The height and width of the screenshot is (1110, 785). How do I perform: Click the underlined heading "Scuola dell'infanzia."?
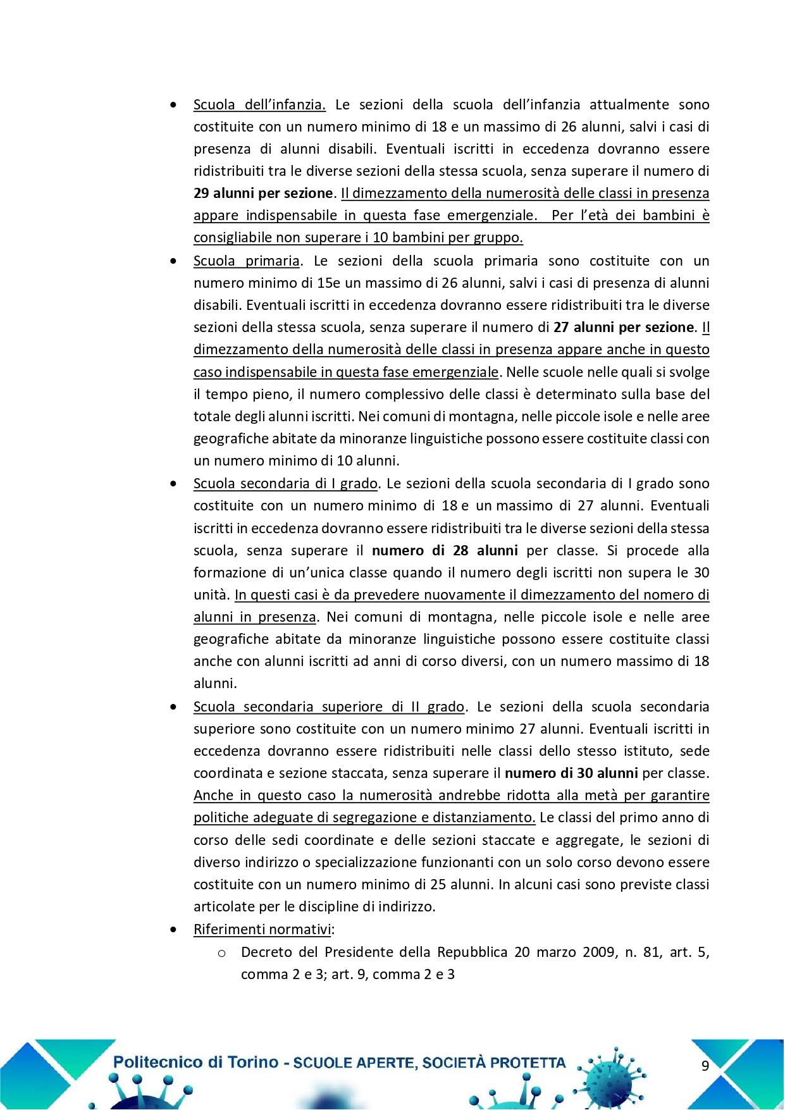tap(259, 105)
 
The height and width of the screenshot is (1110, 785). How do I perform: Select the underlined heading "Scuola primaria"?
tap(246, 261)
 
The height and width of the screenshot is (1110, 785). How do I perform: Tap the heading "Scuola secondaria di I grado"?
tap(285, 484)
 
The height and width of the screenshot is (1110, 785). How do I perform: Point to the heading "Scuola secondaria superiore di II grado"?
tap(329, 707)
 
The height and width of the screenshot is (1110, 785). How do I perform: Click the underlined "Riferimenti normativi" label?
tap(263, 930)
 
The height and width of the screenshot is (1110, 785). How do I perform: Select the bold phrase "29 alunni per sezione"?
tap(263, 194)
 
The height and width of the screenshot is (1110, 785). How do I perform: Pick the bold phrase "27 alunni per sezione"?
tap(624, 328)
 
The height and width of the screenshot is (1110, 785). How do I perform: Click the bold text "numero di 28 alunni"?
tap(445, 551)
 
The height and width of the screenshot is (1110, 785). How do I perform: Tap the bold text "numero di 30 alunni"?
tap(571, 774)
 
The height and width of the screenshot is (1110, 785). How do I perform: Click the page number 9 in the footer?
tap(705, 1066)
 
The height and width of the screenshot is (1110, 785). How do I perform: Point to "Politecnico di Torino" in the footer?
tap(195, 1063)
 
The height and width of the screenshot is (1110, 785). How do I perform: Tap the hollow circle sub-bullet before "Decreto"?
tap(221, 953)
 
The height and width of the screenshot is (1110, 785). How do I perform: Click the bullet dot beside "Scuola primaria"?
tap(173, 261)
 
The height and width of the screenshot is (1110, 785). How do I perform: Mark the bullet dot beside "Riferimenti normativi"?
tap(173, 930)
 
